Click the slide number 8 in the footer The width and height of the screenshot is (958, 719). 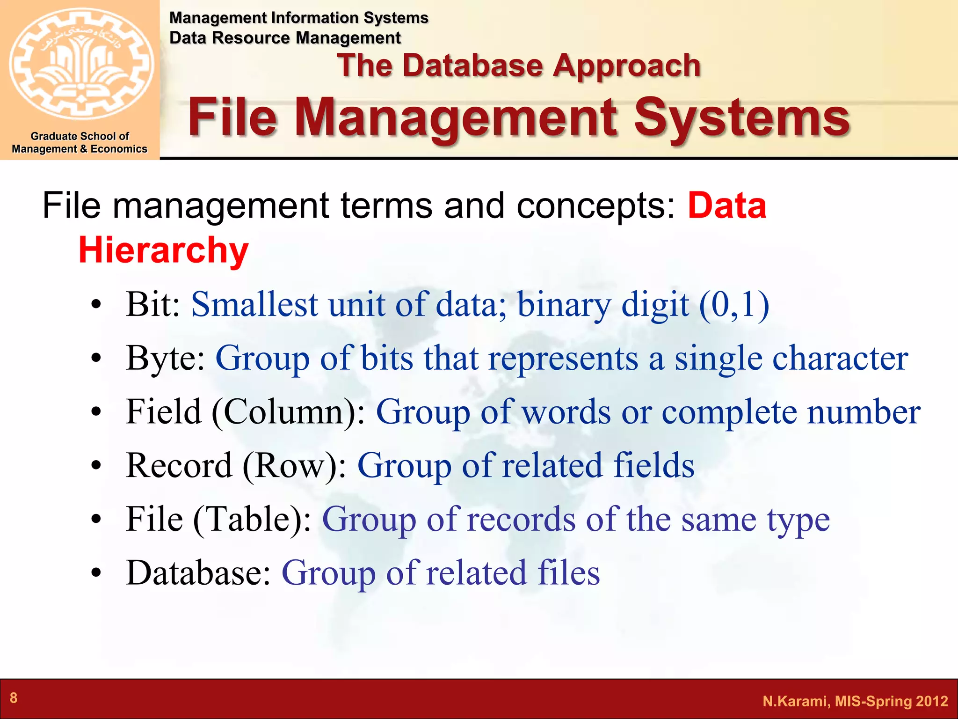pos(14,697)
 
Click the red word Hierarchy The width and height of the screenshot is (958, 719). pos(163,250)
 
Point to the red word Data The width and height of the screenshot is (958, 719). pos(726,205)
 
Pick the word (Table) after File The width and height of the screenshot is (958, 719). pos(252,519)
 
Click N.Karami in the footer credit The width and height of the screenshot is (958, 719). pos(796,701)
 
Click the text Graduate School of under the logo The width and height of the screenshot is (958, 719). pos(80,136)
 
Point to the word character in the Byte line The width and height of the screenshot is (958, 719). pos(840,358)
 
